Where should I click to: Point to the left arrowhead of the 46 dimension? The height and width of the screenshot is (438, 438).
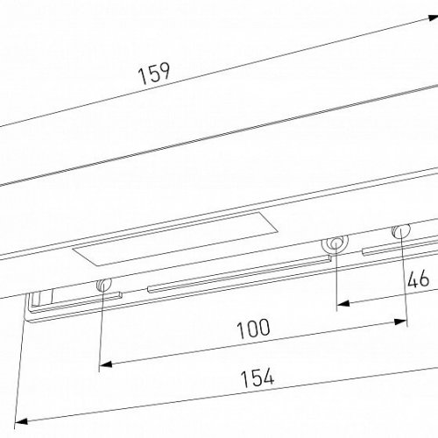343,304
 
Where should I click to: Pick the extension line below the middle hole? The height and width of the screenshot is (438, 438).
336,280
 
